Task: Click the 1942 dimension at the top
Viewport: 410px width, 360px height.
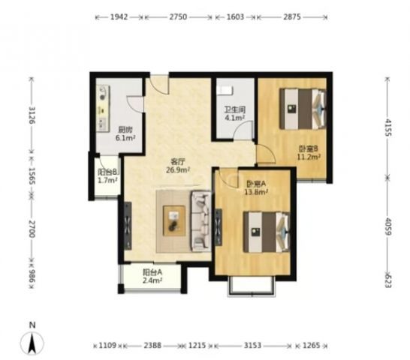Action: click(119, 17)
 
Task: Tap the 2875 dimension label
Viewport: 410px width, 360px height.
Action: click(292, 17)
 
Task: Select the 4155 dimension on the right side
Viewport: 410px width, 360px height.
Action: click(388, 127)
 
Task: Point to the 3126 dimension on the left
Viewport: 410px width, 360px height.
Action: click(32, 115)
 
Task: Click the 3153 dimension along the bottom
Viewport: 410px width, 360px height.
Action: click(252, 345)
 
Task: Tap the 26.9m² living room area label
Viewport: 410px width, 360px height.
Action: click(177, 170)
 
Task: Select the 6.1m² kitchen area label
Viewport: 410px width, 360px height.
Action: click(125, 138)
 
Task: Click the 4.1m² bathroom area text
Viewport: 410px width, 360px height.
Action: click(235, 118)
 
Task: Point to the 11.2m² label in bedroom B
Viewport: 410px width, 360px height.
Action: click(309, 157)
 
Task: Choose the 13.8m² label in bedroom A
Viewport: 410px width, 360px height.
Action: click(256, 192)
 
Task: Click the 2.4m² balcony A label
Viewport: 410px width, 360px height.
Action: click(152, 280)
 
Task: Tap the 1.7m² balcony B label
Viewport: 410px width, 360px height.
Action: click(107, 180)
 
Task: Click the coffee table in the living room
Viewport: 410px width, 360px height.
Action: click(174, 221)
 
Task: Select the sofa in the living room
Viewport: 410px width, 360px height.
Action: click(201, 221)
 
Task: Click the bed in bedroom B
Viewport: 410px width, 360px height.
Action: click(303, 109)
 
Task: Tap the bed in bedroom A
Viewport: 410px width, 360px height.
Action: click(266, 232)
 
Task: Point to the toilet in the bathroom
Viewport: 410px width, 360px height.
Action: click(225, 90)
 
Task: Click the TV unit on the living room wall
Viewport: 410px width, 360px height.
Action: click(128, 226)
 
